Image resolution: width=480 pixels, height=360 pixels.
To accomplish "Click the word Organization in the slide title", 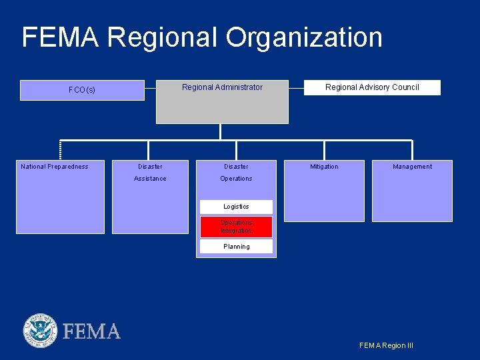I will point(304,37).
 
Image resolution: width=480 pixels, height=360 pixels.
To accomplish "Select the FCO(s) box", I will point(82,90).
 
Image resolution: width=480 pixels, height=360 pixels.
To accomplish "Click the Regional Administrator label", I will point(222,87).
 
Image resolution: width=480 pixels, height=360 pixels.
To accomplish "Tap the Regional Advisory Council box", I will point(372,87).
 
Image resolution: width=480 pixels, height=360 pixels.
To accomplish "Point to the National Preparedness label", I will point(55,167).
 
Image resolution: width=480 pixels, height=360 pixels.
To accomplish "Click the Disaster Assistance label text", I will point(150,173).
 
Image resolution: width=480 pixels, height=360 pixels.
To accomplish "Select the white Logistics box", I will point(236,207).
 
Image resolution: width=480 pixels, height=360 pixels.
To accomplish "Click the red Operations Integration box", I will point(236,227).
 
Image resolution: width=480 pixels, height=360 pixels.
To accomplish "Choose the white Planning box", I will point(236,247).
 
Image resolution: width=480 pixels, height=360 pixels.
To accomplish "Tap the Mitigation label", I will point(324,167).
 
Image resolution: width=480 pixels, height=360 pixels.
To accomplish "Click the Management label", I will point(412,167).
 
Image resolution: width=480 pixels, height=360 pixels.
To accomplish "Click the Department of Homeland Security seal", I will point(41,331).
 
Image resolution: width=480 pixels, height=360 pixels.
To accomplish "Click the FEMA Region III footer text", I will point(386,345).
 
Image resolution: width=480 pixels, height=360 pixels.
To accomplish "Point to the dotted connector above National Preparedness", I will point(60,150).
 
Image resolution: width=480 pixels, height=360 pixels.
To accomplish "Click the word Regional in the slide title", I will point(163,37).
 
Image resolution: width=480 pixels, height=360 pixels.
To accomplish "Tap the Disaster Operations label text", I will point(236,173).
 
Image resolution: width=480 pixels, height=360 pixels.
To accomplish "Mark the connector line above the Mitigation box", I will point(324,150).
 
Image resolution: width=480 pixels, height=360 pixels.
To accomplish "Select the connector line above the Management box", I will point(412,150).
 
